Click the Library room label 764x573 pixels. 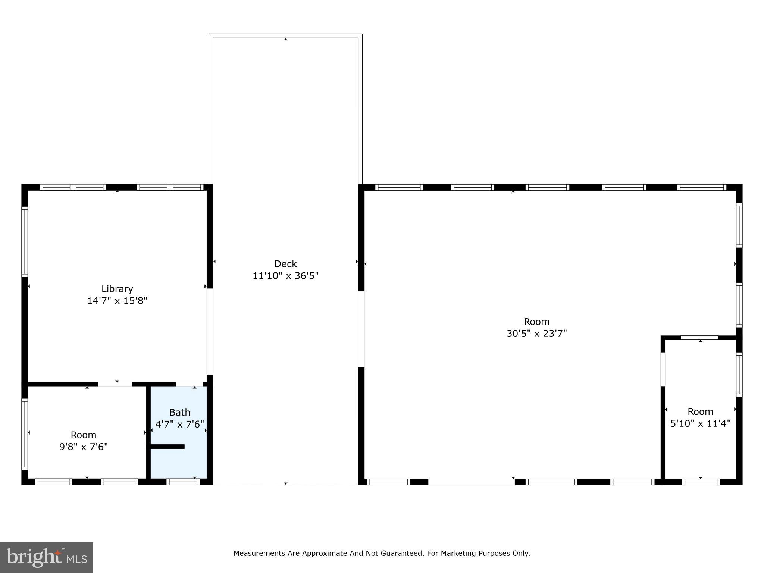(117, 289)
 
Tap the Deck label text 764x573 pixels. (285, 264)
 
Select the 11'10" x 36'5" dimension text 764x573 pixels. (285, 276)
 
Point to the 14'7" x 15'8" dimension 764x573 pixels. (117, 301)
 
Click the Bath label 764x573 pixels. (179, 412)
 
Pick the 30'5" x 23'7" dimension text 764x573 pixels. (536, 334)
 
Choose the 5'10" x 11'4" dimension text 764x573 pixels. (700, 423)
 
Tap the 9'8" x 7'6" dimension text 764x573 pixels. (84, 447)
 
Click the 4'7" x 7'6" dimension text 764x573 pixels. (179, 424)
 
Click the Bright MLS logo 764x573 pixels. (47, 557)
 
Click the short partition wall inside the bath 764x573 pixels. (167, 447)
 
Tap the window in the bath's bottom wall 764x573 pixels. (183, 482)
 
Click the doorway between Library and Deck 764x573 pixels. (210, 331)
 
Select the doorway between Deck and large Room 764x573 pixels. (361, 329)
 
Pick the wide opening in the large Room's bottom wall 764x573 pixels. (472, 482)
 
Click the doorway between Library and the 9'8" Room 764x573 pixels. (115, 384)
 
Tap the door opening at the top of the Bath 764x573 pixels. (189, 384)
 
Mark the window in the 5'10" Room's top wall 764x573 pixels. (699, 338)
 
